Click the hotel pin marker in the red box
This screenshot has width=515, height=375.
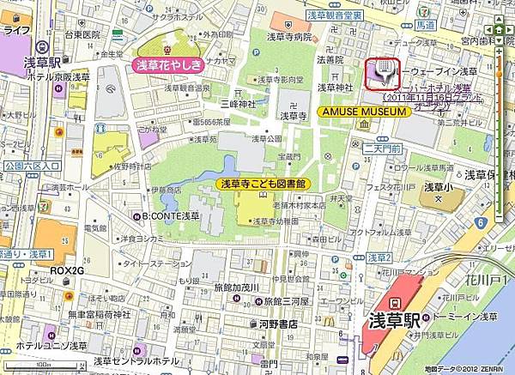(382, 74)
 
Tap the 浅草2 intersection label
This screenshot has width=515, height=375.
(379, 257)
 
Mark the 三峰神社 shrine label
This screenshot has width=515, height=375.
(234, 102)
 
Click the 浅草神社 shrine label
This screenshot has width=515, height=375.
(336, 87)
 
